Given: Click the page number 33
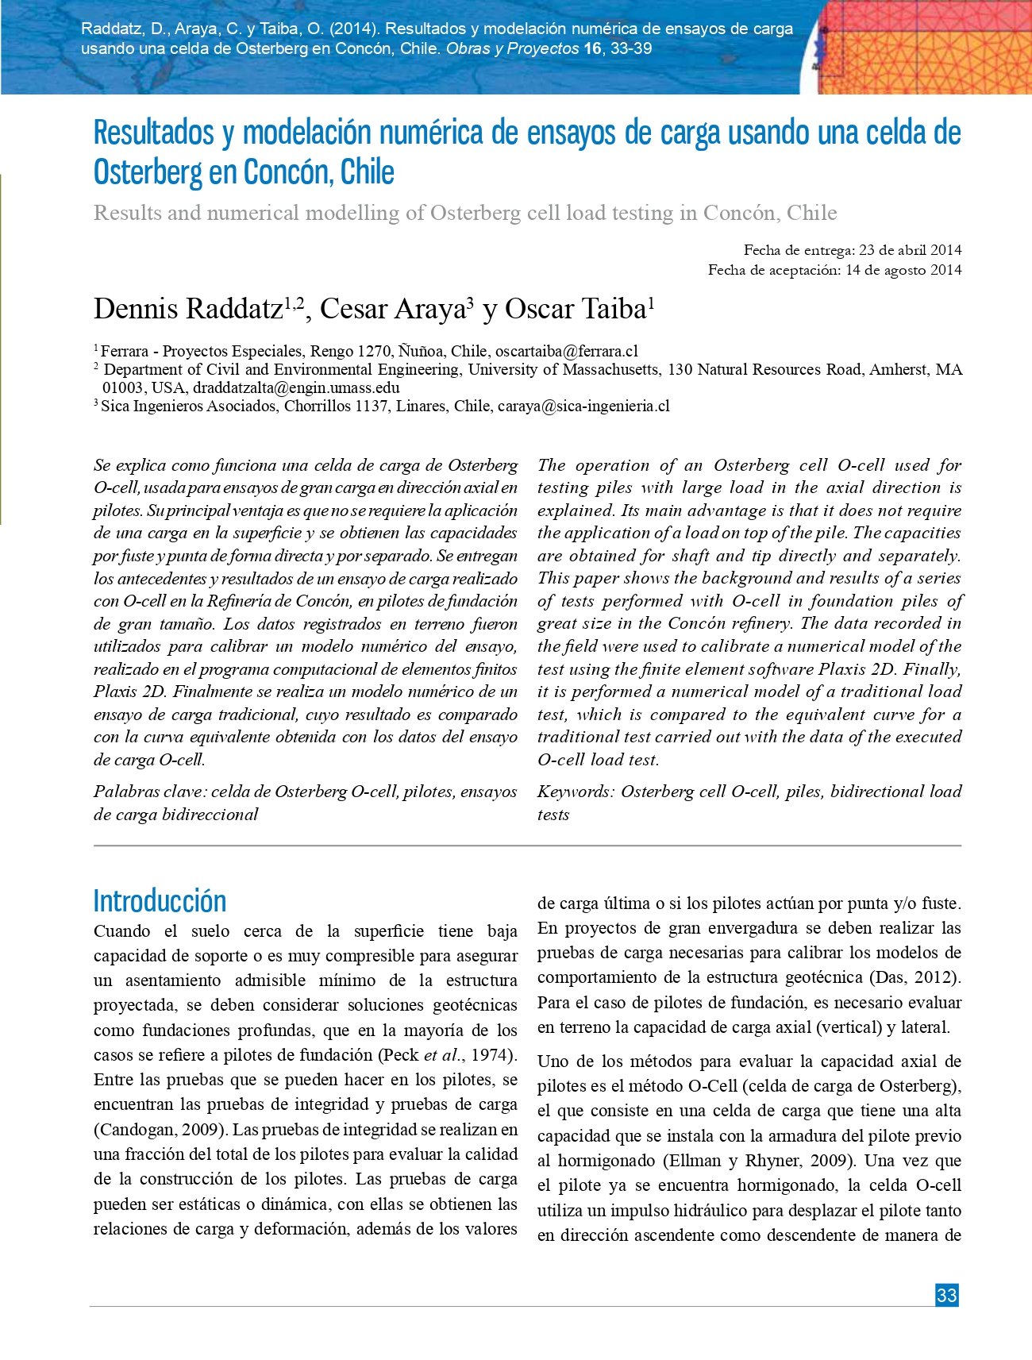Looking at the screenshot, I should click(946, 1295).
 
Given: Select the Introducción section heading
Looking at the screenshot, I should click(160, 901).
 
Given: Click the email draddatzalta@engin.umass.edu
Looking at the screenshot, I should click(296, 387).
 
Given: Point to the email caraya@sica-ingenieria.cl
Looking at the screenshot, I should click(583, 406).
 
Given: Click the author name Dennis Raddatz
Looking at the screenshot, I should click(188, 309).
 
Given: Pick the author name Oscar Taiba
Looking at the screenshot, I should click(576, 309).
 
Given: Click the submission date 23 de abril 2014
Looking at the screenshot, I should click(910, 250).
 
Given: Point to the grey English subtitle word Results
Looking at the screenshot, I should click(128, 213).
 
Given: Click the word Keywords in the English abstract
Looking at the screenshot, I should click(575, 792).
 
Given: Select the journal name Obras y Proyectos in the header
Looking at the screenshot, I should click(512, 48).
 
